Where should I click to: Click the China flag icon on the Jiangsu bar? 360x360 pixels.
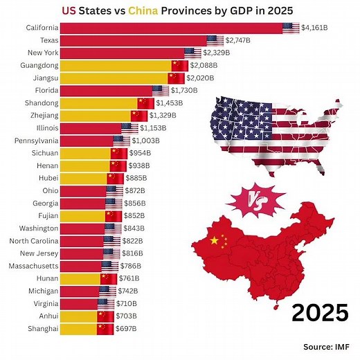coord(176,78)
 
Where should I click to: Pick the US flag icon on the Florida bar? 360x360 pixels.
coord(161,90)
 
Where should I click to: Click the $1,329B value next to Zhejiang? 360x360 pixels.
coord(163,115)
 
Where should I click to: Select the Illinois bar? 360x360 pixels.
coord(91,127)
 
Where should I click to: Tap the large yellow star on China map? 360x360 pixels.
coord(215,241)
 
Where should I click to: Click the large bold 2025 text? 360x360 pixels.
coord(319,312)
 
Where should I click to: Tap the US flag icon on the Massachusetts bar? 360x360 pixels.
coord(110,265)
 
